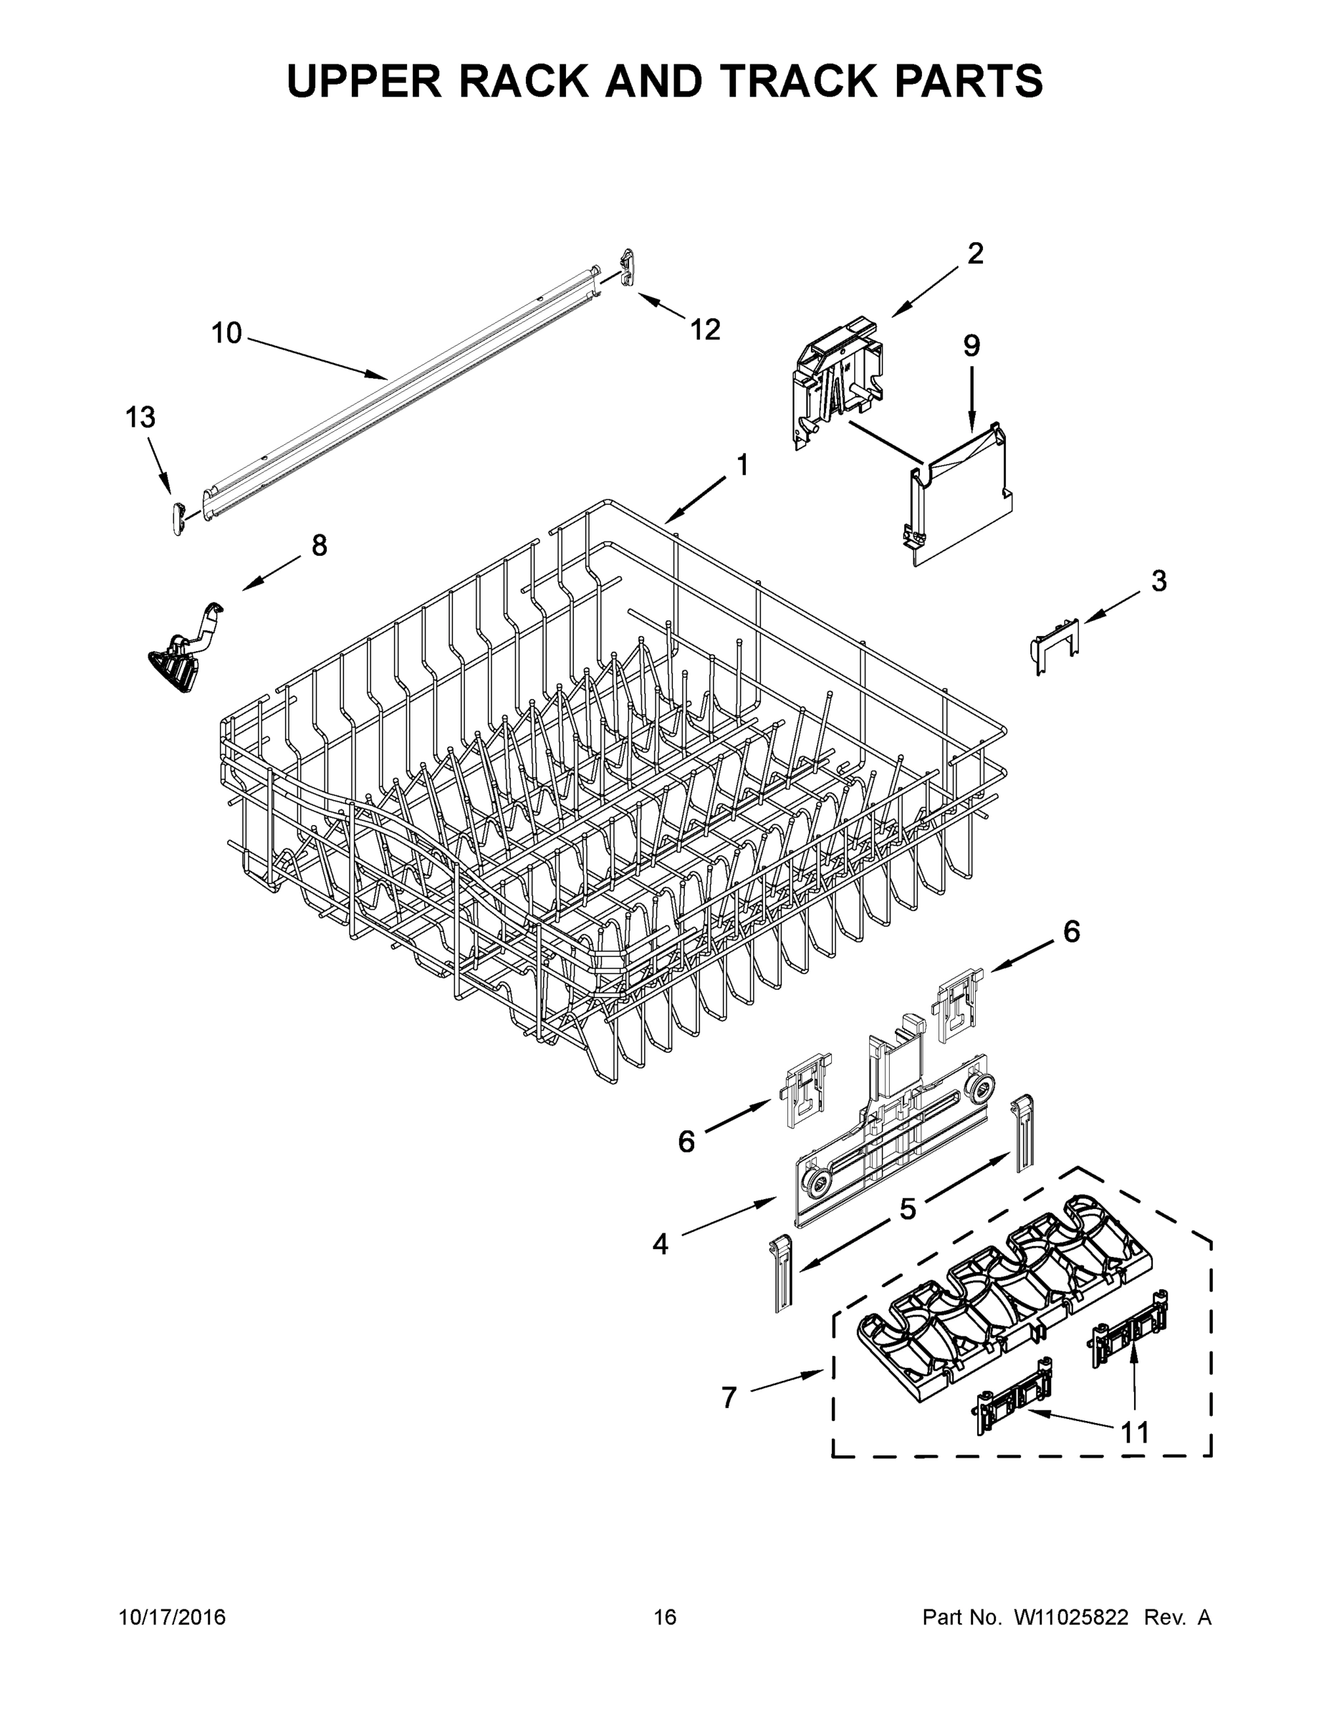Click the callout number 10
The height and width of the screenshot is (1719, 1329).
226,333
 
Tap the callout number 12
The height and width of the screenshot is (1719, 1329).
706,329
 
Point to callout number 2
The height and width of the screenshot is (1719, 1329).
974,254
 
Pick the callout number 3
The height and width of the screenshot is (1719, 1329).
1158,581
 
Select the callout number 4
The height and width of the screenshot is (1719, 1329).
660,1244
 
